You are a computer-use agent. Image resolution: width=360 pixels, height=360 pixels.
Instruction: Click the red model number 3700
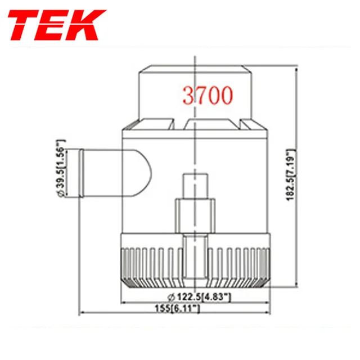point(207,96)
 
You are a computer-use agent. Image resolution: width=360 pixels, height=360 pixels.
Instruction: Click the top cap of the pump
point(194,90)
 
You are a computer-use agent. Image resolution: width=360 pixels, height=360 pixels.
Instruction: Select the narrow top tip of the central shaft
point(195,186)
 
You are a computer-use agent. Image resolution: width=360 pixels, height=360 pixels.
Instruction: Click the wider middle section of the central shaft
point(195,216)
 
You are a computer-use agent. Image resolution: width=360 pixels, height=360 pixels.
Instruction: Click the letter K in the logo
point(88,26)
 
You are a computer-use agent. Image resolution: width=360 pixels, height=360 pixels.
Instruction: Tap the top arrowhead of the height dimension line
point(296,67)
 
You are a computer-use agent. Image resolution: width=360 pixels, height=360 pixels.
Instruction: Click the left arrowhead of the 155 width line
point(82,313)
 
